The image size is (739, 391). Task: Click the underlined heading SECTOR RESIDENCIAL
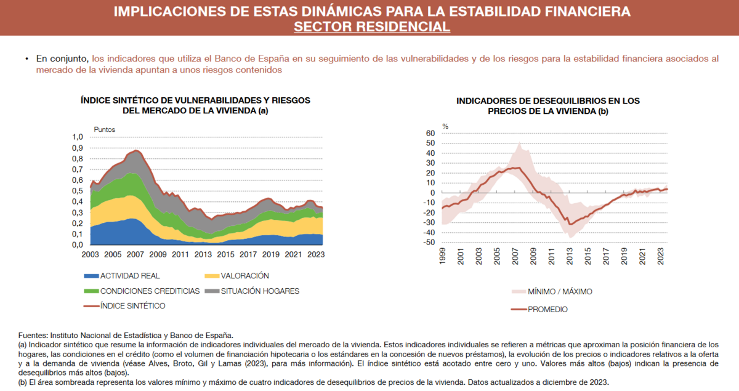click(x=372, y=26)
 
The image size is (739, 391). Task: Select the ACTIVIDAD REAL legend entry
click(x=122, y=276)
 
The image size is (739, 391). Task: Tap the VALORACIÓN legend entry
click(x=237, y=276)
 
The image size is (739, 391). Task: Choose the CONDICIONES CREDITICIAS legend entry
click(x=142, y=291)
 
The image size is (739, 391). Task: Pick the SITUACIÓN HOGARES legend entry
click(x=252, y=291)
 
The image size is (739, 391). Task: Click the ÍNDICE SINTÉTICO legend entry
click(x=124, y=306)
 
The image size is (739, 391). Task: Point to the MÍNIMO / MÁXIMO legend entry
click(x=552, y=292)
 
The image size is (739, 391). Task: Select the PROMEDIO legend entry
click(x=539, y=310)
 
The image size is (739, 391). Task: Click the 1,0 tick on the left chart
click(x=78, y=137)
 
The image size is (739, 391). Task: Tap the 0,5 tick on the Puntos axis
click(x=78, y=191)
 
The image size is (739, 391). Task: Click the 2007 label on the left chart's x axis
click(x=135, y=254)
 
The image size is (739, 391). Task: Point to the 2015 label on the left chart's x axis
click(x=225, y=254)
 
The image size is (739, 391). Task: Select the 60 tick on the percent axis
click(x=430, y=133)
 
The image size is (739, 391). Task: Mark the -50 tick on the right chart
click(x=429, y=242)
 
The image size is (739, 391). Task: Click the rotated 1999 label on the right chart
click(x=442, y=256)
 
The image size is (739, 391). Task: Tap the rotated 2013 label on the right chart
click(x=570, y=256)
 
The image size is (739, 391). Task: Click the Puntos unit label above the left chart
click(x=105, y=129)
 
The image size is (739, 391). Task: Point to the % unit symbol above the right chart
click(x=445, y=126)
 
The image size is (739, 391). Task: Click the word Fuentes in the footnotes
click(x=33, y=336)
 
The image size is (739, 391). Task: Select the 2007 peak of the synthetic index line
click(x=136, y=150)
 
